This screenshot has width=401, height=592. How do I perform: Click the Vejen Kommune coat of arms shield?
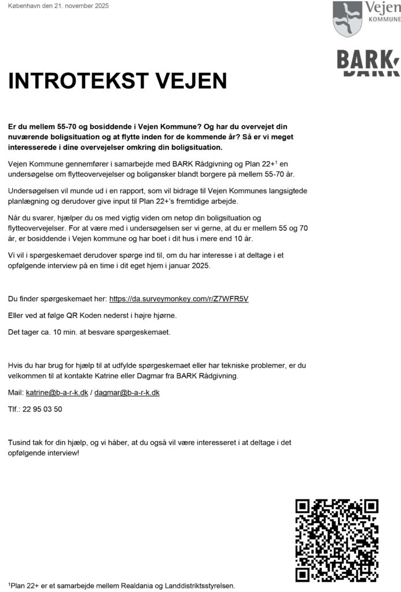tap(347, 18)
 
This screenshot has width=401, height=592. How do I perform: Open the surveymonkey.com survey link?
tap(179, 299)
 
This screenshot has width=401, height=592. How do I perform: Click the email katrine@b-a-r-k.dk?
tap(57, 393)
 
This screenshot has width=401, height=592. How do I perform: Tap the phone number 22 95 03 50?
tap(42, 409)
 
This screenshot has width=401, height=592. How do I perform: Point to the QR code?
tap(337, 540)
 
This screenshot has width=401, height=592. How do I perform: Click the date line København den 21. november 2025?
tap(58, 6)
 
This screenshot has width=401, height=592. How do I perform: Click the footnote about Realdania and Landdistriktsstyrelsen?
tap(122, 586)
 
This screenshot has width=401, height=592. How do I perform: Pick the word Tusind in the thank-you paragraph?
tap(20, 442)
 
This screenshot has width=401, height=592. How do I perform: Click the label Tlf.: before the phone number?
tap(14, 409)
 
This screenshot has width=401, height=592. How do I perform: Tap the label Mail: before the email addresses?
tap(16, 393)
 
